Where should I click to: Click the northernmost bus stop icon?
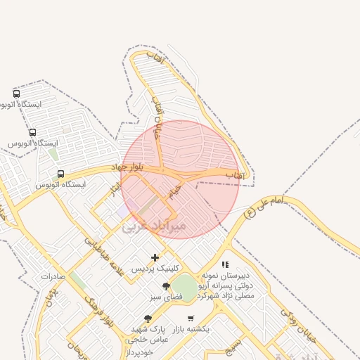point(16,94)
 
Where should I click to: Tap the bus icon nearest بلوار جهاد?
point(60,174)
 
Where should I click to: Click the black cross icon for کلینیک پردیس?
point(155,257)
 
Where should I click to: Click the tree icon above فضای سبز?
point(166,286)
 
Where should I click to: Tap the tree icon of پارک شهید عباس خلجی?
point(148,319)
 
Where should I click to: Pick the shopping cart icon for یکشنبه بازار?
point(191,319)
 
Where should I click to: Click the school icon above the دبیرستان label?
point(225,265)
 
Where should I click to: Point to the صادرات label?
point(53,276)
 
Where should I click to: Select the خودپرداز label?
point(146,352)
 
